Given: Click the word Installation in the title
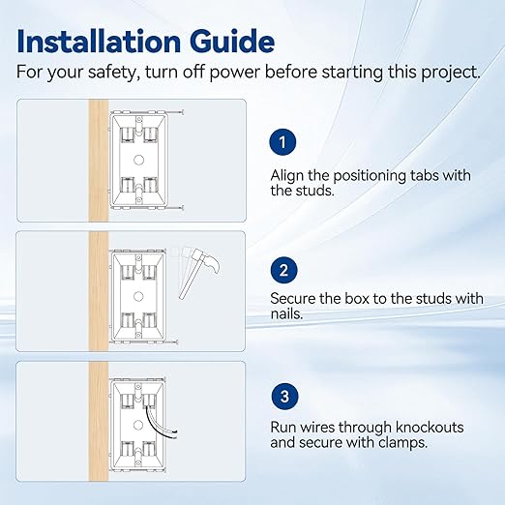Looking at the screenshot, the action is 99,42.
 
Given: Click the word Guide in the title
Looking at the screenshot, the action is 232,42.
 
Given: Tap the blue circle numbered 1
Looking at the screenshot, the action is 282,142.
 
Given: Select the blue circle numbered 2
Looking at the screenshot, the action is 283,270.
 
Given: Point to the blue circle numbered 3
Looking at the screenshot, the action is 284,397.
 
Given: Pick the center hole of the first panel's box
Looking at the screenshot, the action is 138,160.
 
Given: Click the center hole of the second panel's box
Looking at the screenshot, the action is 138,296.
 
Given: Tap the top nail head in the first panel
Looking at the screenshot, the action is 183,112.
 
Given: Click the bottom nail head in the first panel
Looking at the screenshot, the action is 183,207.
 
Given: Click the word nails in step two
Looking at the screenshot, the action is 286,313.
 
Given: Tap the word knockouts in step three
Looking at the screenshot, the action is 430,428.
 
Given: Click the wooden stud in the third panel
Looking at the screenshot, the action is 99,422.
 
